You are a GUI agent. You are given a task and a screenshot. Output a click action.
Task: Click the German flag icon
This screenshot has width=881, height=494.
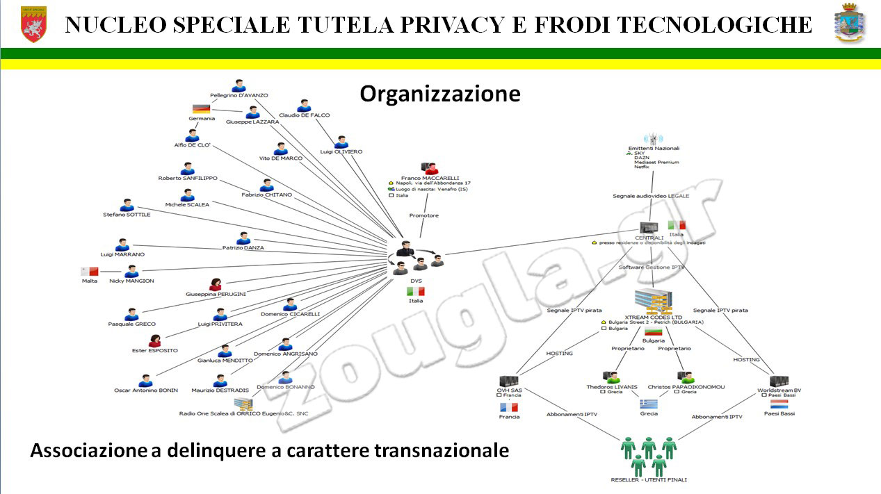(201, 108)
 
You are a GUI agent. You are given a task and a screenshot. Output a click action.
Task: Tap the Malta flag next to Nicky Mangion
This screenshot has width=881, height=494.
(90, 271)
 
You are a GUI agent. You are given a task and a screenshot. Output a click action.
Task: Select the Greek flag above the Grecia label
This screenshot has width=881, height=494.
(649, 403)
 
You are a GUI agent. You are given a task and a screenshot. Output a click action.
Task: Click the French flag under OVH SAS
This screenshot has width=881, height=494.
(509, 406)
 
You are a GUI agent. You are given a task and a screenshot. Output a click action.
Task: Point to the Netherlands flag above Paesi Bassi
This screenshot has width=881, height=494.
(778, 403)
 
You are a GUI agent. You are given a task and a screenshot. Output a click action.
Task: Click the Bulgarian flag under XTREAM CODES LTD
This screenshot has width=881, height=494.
(653, 331)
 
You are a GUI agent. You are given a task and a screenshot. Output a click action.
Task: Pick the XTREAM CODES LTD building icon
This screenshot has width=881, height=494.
(653, 301)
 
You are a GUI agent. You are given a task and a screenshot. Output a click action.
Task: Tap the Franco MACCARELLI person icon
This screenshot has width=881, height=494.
(430, 168)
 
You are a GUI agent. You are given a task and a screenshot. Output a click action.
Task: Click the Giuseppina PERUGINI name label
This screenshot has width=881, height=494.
(216, 294)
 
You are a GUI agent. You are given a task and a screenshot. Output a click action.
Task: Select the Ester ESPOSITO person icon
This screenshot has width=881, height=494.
(155, 341)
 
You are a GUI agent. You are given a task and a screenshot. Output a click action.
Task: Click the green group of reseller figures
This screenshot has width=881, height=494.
(649, 456)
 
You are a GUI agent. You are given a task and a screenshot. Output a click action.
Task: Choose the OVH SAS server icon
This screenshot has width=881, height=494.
(509, 381)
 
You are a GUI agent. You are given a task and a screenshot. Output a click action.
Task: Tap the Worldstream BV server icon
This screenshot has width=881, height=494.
(778, 381)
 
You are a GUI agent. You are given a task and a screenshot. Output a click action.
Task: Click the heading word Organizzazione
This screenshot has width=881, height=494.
(439, 94)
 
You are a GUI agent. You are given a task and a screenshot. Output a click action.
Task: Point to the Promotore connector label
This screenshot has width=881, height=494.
(423, 215)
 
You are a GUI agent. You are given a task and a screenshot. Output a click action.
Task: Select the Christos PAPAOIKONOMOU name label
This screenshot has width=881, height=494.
(686, 387)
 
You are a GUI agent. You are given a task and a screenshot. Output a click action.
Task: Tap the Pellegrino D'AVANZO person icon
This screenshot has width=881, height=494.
(239, 85)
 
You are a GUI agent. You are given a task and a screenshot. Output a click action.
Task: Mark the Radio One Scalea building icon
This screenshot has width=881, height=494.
(243, 404)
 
